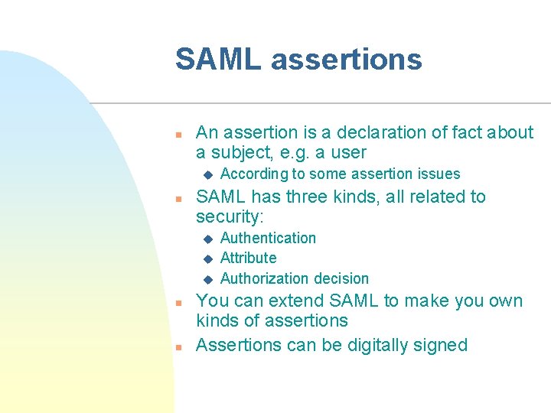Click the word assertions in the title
[347, 59]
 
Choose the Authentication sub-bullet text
[268, 238]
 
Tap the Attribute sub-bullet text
[248, 258]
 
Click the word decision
[337, 278]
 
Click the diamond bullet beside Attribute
[206, 259]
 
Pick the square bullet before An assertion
[177, 134]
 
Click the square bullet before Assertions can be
[177, 346]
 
